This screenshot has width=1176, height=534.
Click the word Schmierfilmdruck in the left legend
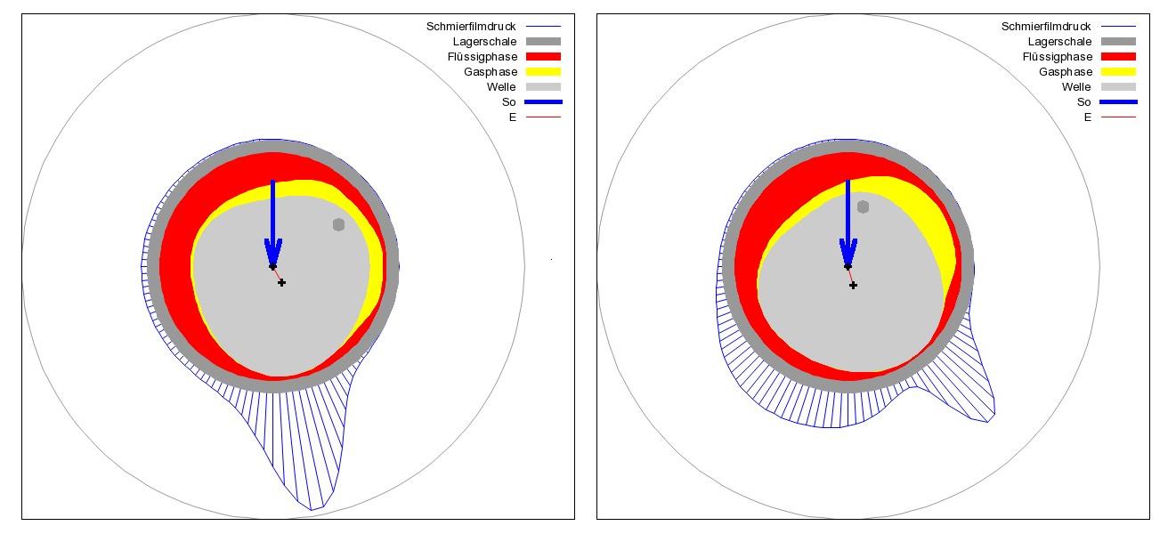pyautogui.click(x=471, y=27)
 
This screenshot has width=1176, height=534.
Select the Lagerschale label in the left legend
pyautogui.click(x=484, y=42)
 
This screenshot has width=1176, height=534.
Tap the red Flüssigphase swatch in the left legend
pyautogui.click(x=542, y=57)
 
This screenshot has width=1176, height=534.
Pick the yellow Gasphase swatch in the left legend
pyautogui.click(x=542, y=72)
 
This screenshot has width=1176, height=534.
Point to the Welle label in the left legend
pyautogui.click(x=501, y=87)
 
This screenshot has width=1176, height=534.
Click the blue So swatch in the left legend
pyautogui.click(x=542, y=102)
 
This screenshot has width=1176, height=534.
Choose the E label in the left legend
pyautogui.click(x=512, y=117)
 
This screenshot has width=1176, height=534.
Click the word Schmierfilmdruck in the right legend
pyautogui.click(x=1046, y=27)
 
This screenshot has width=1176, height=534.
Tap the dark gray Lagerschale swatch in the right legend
pyautogui.click(x=1117, y=42)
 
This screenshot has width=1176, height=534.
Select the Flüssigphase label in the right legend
pyautogui.click(x=1058, y=57)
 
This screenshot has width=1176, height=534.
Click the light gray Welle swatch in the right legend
pyautogui.click(x=1117, y=87)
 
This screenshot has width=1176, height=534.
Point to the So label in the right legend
pyautogui.click(x=1083, y=102)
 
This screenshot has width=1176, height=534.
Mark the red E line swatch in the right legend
pyautogui.click(x=1117, y=117)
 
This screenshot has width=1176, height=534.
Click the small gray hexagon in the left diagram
pyautogui.click(x=338, y=224)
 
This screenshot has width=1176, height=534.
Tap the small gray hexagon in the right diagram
pyautogui.click(x=863, y=206)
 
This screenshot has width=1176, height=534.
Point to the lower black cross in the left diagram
pyautogui.click(x=282, y=283)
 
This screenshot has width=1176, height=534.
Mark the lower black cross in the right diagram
pyautogui.click(x=853, y=286)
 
